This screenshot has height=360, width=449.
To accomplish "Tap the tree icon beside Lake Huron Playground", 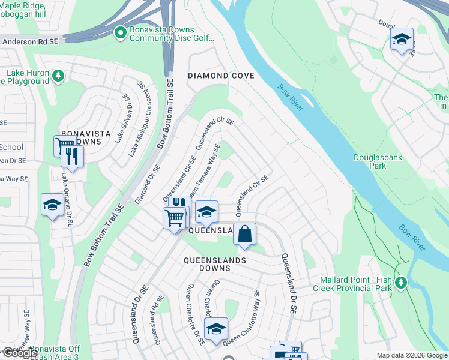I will pos(58,76).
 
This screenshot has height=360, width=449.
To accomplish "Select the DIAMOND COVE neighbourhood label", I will pos(221,76).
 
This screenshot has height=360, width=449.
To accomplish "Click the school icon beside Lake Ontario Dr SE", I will pos(52,205).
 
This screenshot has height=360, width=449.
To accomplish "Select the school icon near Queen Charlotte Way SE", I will pos(216,328).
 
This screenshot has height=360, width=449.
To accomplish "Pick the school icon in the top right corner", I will pos(401,40).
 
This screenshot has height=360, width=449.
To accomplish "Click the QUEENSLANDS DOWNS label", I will pos(214,260).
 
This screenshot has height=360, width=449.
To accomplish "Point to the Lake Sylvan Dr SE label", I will pos(122,117).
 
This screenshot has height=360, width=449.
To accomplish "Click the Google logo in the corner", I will pos(20,353).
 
